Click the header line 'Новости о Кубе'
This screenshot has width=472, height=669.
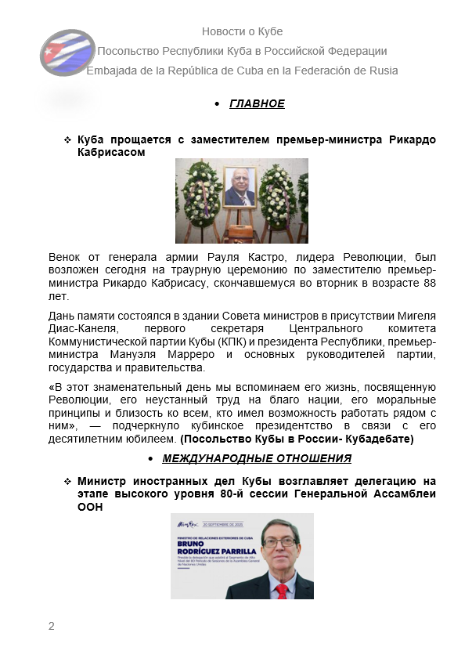pyautogui.click(x=242, y=31)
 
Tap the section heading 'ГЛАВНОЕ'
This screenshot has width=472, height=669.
pyautogui.click(x=257, y=103)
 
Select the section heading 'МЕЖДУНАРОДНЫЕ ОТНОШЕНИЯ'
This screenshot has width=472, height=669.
pyautogui.click(x=257, y=458)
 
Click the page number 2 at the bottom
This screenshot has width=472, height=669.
pyautogui.click(x=52, y=625)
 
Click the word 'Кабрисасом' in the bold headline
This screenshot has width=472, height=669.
pyautogui.click(x=111, y=152)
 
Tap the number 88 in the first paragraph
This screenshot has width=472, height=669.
pyautogui.click(x=429, y=282)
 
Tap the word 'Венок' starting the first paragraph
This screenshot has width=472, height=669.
pyautogui.click(x=65, y=257)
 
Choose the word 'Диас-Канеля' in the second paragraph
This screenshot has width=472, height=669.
pyautogui.click(x=81, y=328)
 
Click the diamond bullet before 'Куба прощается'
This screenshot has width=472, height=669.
pyautogui.click(x=67, y=139)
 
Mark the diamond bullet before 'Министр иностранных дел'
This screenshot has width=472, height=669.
pyautogui.click(x=67, y=481)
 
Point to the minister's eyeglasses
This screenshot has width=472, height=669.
pyautogui.click(x=279, y=541)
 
